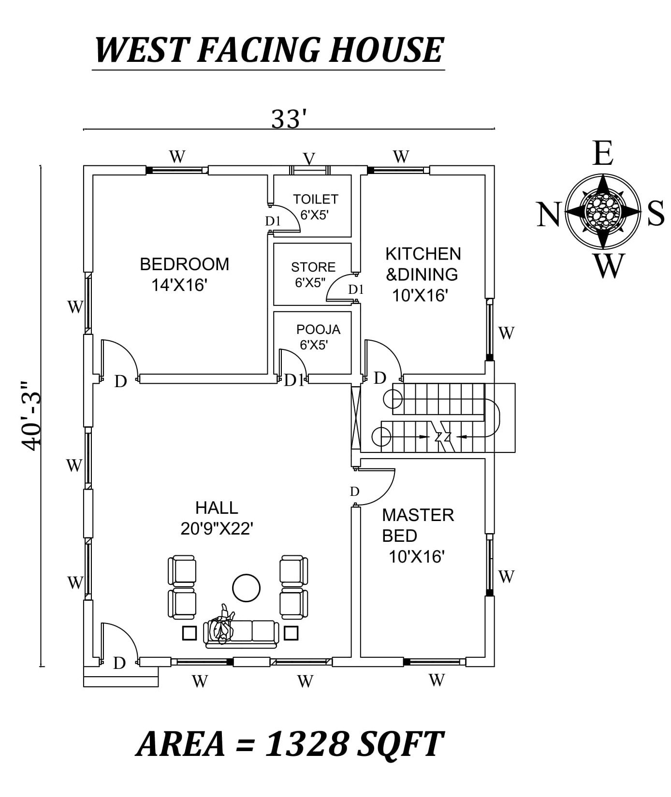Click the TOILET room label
(315, 199)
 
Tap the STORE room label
(313, 267)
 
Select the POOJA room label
(318, 330)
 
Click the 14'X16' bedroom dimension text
(179, 286)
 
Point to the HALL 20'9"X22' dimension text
(217, 529)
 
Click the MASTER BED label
(418, 525)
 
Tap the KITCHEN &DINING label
(423, 264)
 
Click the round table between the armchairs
(246, 587)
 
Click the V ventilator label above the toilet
(309, 159)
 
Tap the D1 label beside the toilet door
(273, 221)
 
